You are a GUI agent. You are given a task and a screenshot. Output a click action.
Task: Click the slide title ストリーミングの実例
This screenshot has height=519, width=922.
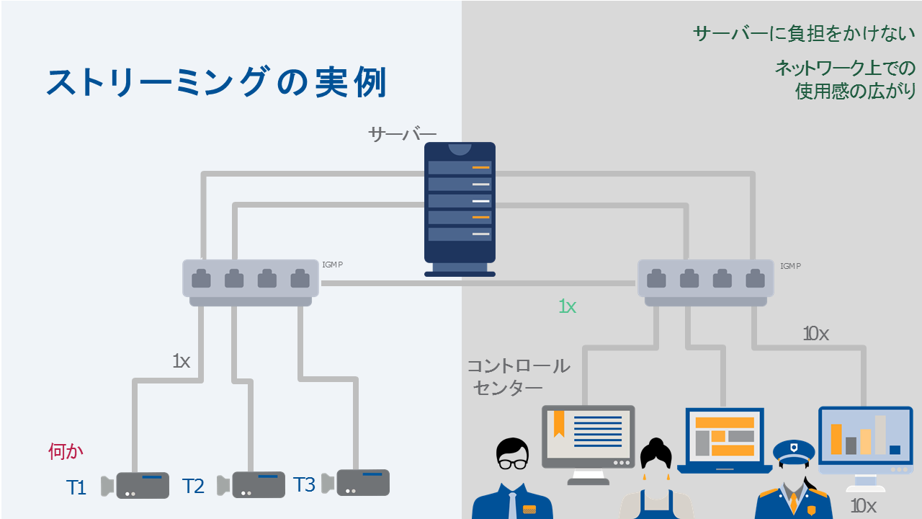[x=216, y=83]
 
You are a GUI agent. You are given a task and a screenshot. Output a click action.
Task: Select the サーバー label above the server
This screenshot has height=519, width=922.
[x=402, y=134]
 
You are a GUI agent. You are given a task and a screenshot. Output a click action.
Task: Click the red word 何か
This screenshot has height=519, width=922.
[x=66, y=452]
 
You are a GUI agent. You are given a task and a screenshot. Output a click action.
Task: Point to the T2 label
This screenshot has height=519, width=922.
[x=193, y=487]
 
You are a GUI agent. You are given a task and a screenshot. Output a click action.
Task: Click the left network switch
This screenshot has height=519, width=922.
[x=251, y=281]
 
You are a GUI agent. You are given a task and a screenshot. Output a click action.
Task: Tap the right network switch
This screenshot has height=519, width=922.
[x=705, y=281]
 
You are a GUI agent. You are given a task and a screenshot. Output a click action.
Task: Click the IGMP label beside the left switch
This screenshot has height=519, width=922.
[x=332, y=265]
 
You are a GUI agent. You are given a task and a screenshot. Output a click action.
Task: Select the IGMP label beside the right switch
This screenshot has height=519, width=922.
[x=790, y=266]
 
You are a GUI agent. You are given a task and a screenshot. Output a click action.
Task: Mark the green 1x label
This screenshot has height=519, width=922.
[x=568, y=306]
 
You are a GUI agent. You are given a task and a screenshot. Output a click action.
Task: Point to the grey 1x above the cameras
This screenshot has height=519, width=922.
[x=181, y=361]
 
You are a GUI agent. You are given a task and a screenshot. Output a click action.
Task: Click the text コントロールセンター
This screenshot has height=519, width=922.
[x=518, y=377]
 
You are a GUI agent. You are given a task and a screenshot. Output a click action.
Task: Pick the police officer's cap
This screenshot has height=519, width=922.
[x=794, y=451]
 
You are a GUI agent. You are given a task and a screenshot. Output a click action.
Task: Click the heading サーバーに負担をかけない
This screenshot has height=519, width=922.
[x=803, y=34]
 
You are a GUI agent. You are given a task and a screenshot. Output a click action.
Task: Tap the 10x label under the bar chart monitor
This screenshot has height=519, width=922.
[x=863, y=507]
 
